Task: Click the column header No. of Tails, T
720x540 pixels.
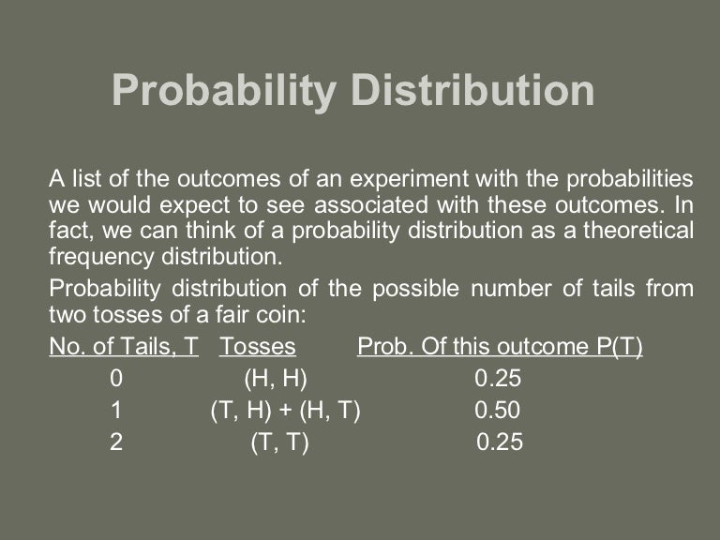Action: point(124,347)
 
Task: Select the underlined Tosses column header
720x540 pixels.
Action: point(258,347)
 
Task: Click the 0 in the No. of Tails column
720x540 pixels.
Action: point(116,379)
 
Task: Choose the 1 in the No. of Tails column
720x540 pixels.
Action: point(116,410)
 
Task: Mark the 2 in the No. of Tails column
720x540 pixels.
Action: point(116,442)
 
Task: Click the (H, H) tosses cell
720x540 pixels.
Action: point(276,379)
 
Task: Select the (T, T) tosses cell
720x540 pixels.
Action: point(279,442)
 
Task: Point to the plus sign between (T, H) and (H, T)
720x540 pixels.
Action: point(286,410)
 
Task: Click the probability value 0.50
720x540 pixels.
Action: point(498,410)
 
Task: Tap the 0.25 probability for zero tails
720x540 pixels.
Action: point(498,379)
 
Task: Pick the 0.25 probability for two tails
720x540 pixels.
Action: point(500,442)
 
